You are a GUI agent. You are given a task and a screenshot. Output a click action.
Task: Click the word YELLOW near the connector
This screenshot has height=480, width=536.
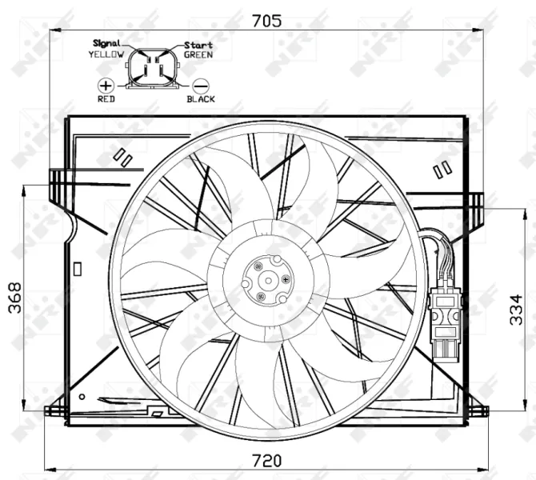tap(106, 54)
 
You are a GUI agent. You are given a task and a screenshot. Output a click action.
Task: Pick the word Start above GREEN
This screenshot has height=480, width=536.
tap(198, 46)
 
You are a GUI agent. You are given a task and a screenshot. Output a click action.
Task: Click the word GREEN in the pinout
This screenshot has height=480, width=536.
tap(198, 55)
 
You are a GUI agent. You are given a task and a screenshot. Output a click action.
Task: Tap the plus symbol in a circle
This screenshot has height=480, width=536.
tap(106, 84)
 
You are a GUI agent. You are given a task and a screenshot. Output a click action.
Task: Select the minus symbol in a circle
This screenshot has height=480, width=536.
tap(200, 84)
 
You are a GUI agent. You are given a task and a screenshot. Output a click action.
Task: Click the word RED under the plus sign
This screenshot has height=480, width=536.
tap(106, 99)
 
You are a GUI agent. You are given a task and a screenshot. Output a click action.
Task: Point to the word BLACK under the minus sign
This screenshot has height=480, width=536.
tap(200, 99)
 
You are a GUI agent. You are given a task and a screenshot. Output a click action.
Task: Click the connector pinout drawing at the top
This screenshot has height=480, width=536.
tap(153, 67)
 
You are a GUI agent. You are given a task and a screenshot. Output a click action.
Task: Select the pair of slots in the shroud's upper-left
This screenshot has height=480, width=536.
tap(123, 156)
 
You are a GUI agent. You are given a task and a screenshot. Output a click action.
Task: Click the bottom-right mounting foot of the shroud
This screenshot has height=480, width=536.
tap(478, 410)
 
